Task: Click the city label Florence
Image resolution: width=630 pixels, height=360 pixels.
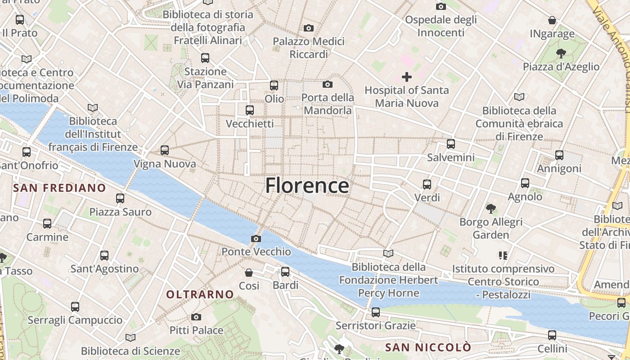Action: coord(307,185)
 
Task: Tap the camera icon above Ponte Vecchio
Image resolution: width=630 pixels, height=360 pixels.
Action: coord(256,238)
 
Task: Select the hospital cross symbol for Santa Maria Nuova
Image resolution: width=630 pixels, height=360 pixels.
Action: coord(407,77)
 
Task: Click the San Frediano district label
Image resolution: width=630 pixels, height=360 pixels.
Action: coord(60,188)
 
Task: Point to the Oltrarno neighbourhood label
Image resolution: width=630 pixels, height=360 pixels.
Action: coord(200,295)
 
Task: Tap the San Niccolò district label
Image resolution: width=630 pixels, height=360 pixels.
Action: coord(428,347)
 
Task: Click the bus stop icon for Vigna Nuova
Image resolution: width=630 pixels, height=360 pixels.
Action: coord(165,150)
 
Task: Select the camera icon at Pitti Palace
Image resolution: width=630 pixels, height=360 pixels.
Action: coord(196,317)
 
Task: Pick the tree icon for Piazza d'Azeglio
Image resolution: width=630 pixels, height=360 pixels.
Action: coord(561,54)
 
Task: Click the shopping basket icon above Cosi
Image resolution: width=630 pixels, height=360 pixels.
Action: coord(249,272)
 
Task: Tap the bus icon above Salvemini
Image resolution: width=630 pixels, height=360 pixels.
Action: coord(451,144)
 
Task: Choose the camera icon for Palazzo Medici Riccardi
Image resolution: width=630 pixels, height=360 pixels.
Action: coord(308,28)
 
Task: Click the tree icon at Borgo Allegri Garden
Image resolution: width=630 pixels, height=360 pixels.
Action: coord(491,209)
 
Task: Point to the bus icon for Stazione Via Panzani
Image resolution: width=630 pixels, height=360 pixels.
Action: coord(205,58)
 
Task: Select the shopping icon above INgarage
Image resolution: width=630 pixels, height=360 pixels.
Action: coord(552,20)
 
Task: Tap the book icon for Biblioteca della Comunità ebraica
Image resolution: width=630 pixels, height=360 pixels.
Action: coord(519,97)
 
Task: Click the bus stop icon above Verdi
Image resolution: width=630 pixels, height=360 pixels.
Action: coord(427,184)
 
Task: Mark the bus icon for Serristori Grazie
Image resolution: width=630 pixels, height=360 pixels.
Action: coord(376,312)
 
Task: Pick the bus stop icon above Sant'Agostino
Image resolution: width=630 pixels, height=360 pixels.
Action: coord(104,256)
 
